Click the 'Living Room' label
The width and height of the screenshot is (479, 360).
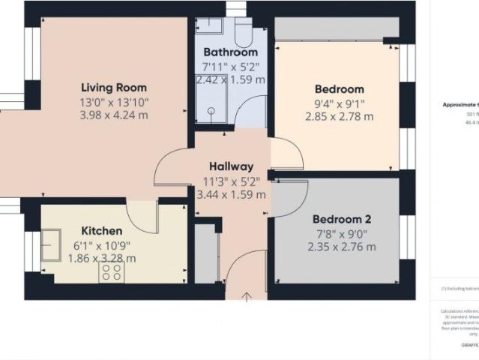pos(114,88)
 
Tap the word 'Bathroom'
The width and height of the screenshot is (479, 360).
pos(231,52)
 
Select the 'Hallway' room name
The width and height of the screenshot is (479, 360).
pos(231,166)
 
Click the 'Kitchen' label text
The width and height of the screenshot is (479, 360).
pos(103,231)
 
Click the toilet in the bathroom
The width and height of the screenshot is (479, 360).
pos(244,31)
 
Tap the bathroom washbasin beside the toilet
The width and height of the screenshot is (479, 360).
pos(212,26)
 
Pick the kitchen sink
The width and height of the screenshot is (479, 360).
pos(52,246)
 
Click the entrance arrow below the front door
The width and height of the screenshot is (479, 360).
pos(247,298)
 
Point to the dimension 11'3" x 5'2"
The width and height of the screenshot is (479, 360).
pos(231,181)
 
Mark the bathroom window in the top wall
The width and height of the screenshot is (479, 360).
pos(236,10)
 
